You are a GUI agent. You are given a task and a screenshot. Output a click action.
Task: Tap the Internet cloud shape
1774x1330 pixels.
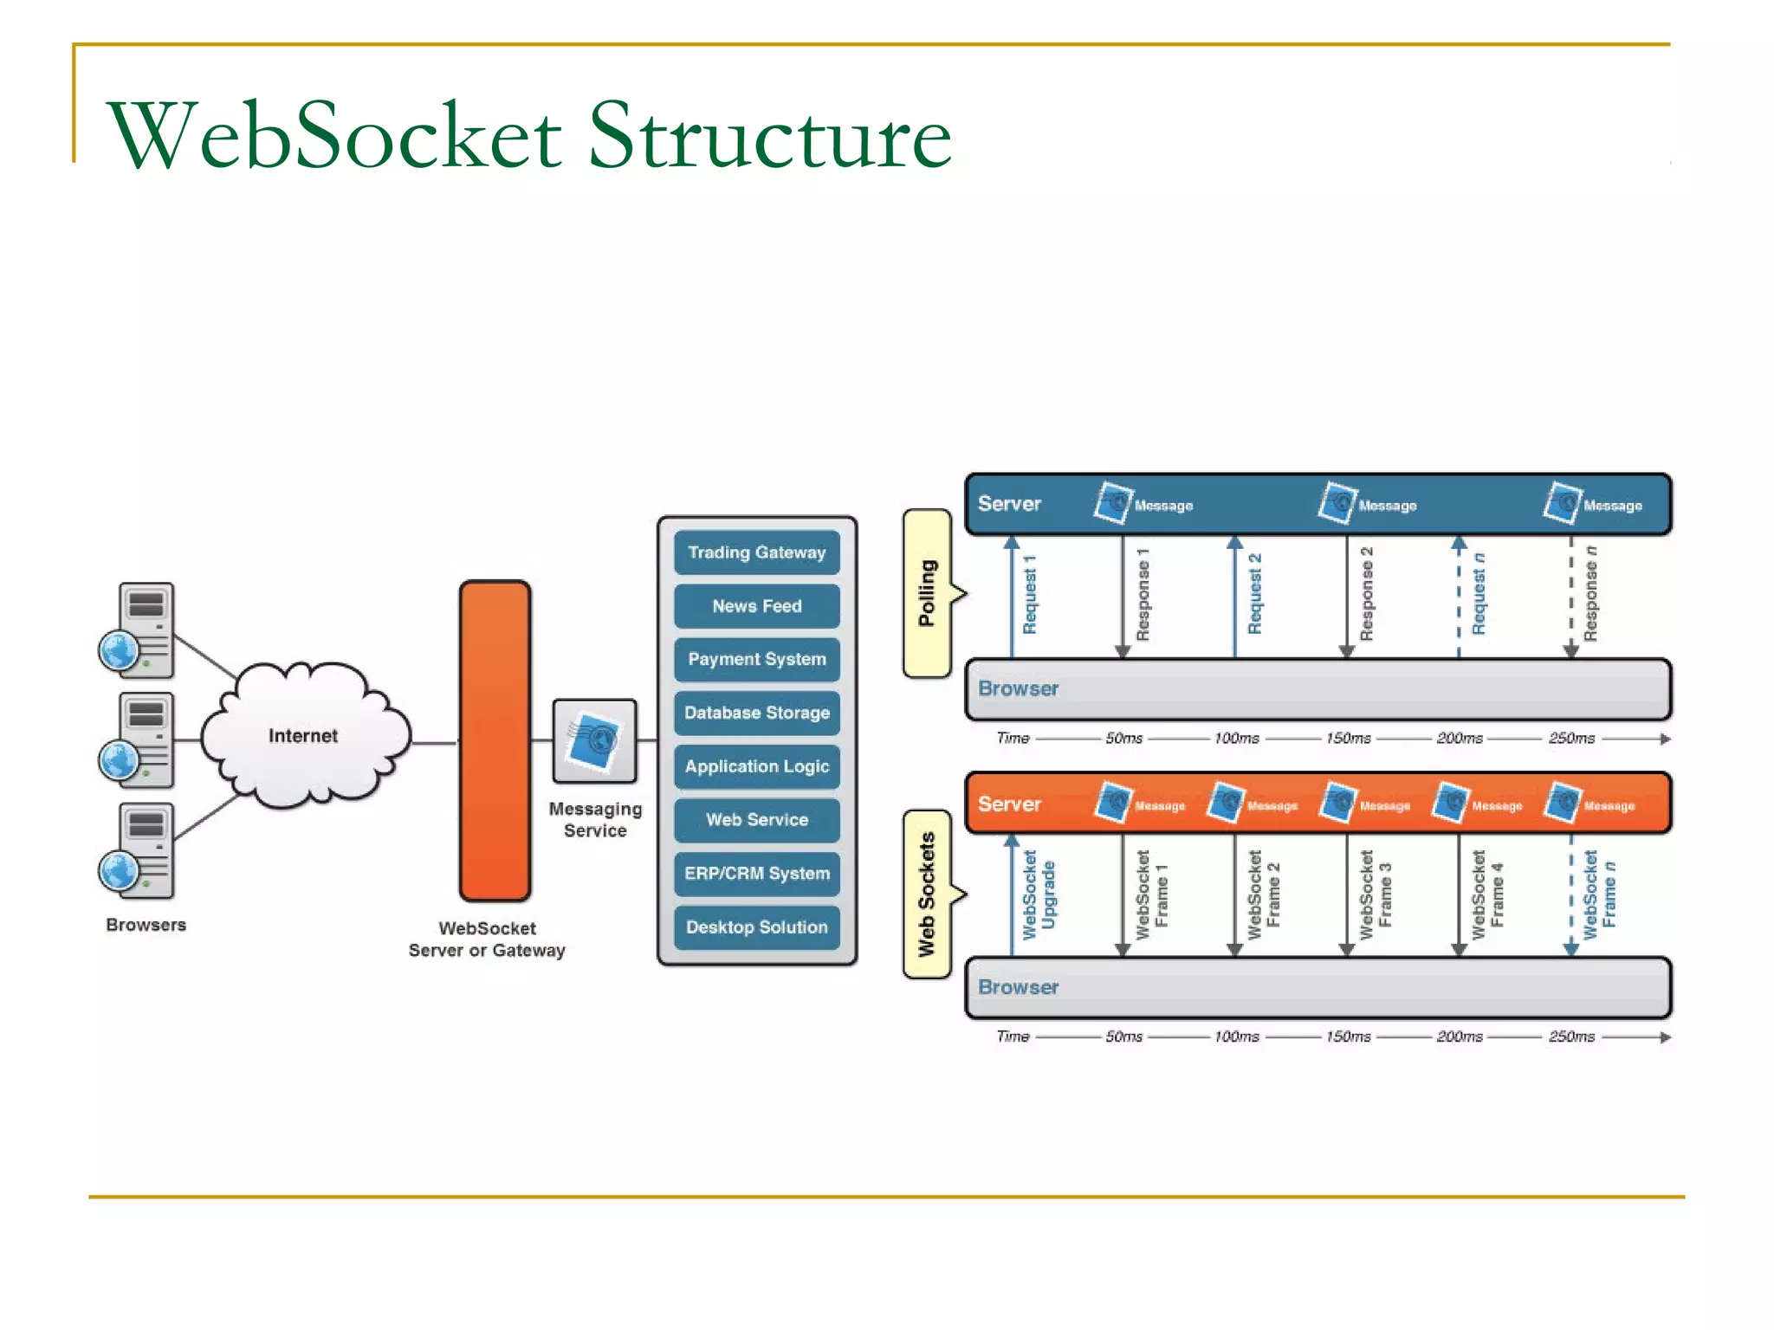tap(303, 735)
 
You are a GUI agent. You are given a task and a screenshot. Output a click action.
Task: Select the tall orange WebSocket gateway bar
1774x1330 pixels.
tap(495, 740)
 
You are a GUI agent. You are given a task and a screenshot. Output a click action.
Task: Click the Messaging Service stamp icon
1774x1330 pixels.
tap(594, 741)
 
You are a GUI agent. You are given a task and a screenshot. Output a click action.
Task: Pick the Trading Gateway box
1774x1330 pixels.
tap(756, 552)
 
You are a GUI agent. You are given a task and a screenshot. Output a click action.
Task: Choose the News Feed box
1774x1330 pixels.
tap(756, 606)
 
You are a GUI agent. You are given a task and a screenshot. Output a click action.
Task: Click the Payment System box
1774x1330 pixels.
tap(756, 659)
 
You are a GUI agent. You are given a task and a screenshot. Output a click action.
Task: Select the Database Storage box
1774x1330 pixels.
tap(756, 713)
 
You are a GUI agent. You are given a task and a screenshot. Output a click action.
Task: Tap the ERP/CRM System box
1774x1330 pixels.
tap(756, 873)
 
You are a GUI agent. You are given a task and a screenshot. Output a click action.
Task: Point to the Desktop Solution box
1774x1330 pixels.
tap(756, 926)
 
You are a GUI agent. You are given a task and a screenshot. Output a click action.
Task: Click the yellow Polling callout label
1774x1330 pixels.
tap(927, 593)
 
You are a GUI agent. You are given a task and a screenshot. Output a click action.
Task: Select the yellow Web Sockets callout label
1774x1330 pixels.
tap(927, 894)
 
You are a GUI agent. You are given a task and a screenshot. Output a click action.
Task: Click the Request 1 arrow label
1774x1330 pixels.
tap(1029, 595)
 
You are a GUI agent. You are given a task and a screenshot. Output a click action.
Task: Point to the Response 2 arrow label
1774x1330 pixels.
tap(1366, 595)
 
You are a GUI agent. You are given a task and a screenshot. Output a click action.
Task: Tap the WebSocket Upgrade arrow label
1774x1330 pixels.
tap(1039, 894)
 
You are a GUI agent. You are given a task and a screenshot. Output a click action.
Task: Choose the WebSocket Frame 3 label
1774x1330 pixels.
tap(1376, 894)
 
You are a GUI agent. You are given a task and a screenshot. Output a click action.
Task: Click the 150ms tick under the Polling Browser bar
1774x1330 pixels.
tap(1348, 739)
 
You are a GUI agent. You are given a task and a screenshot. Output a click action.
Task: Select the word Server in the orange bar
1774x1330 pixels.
tap(1009, 804)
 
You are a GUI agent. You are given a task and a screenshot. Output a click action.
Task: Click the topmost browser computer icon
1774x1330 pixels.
tap(139, 629)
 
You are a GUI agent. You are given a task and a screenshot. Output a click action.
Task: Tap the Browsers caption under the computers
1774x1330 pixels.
tap(146, 925)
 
